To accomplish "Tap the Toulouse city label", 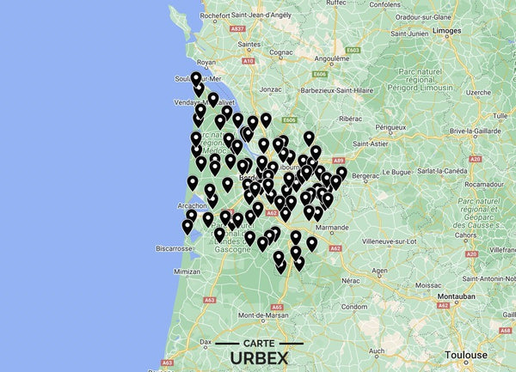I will [465, 353].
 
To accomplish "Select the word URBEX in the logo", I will [254, 357].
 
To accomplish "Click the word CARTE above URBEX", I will [254, 342].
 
